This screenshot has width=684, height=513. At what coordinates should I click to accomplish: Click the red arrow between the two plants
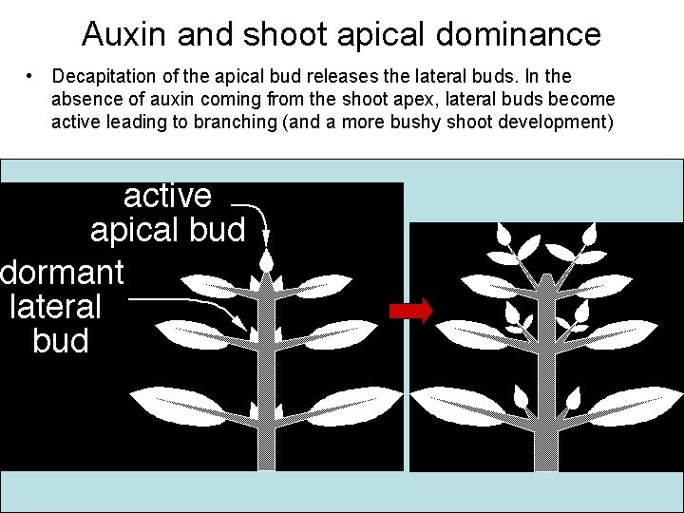[x=410, y=311]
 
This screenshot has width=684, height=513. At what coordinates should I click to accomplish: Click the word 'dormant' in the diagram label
[x=62, y=273]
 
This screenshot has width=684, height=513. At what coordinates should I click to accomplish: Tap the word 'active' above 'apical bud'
[x=167, y=196]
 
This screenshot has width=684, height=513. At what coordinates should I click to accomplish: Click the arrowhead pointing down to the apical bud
[x=267, y=238]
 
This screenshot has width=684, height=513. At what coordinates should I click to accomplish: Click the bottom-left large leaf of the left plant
[x=185, y=405]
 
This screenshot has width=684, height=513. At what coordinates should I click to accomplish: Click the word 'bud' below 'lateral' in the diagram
[x=60, y=341]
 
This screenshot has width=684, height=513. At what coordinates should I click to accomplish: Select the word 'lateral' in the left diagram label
[x=55, y=307]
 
